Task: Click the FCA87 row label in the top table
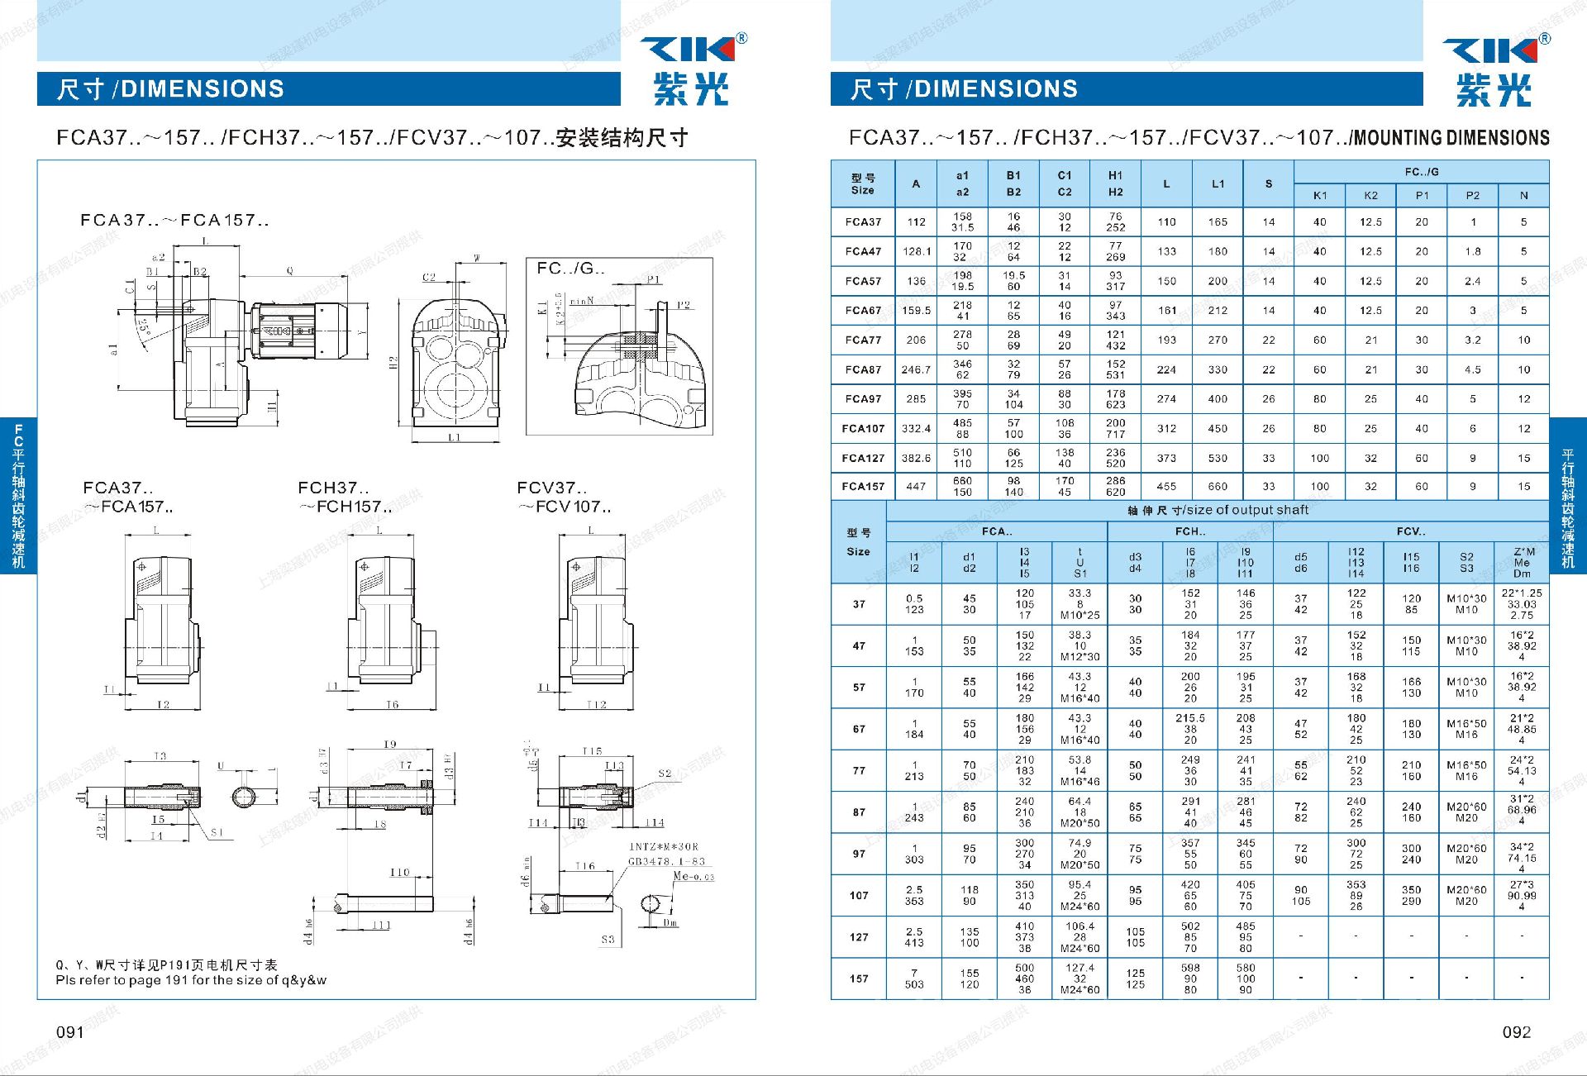click(862, 369)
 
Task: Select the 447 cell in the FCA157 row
click(915, 487)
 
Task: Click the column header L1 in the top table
click(1218, 184)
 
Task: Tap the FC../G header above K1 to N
click(1421, 172)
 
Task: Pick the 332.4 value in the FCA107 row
click(915, 428)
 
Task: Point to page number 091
click(70, 1032)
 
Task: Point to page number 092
click(1516, 1032)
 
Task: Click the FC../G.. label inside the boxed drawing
click(570, 269)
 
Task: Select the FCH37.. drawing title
click(333, 488)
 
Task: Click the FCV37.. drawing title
click(551, 488)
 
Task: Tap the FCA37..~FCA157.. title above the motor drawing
click(174, 221)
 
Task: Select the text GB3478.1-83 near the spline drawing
click(666, 861)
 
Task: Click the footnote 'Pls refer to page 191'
click(191, 980)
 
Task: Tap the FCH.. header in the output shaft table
click(1189, 531)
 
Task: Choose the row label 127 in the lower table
click(859, 937)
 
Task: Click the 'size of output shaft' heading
click(1218, 510)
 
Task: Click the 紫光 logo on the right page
click(1493, 89)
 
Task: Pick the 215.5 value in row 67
click(1189, 718)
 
